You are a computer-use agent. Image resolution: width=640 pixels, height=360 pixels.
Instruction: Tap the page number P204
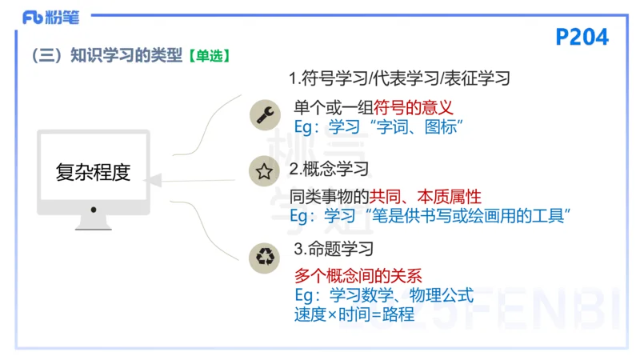coord(582,36)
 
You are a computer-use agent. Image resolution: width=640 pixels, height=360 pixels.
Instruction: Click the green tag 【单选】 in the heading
coord(209,55)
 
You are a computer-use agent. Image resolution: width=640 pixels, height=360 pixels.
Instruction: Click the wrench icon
coord(263,114)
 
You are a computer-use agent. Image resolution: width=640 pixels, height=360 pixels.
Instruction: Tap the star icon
coord(263,170)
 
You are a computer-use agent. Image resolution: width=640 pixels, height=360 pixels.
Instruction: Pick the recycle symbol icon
coord(263,258)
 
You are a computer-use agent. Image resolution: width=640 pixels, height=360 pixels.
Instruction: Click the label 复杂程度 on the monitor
coord(93,172)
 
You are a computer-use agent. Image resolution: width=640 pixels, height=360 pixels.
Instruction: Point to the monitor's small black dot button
coord(94,209)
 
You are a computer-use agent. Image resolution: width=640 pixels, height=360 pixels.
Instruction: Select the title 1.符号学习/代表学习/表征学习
coord(399,78)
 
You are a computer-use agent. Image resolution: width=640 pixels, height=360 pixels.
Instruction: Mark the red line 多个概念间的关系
coord(358,276)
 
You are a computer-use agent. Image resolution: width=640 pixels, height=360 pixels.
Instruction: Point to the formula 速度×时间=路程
coord(354,314)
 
